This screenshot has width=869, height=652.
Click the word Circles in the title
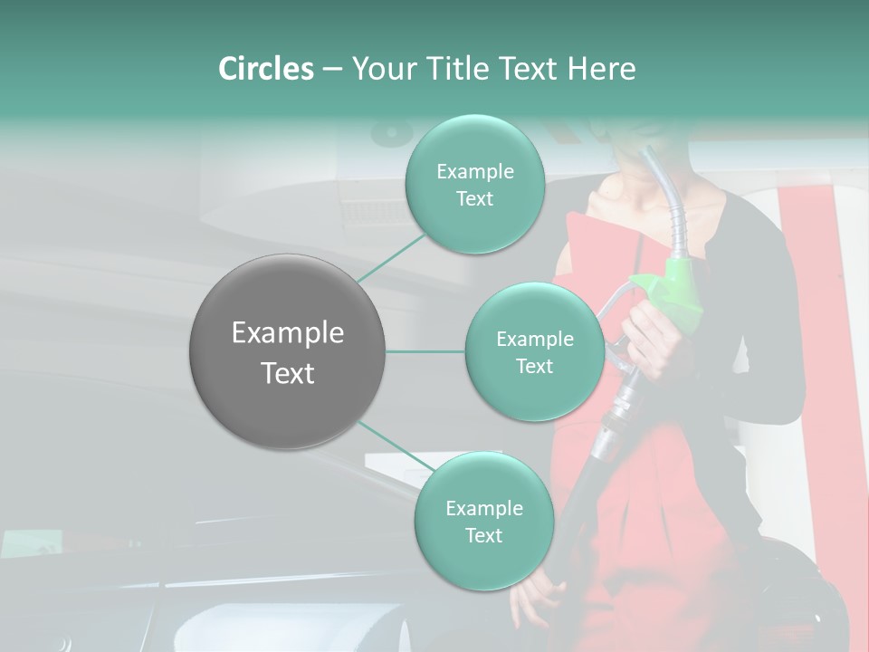(265, 69)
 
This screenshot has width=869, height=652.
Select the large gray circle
(287, 351)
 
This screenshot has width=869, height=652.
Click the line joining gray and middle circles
(425, 351)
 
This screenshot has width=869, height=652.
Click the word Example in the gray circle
(287, 333)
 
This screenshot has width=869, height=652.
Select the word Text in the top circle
(474, 199)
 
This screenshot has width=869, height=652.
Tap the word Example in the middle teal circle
(534, 340)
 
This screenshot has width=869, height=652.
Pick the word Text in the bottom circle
(483, 535)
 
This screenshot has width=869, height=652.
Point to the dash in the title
(331, 70)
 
